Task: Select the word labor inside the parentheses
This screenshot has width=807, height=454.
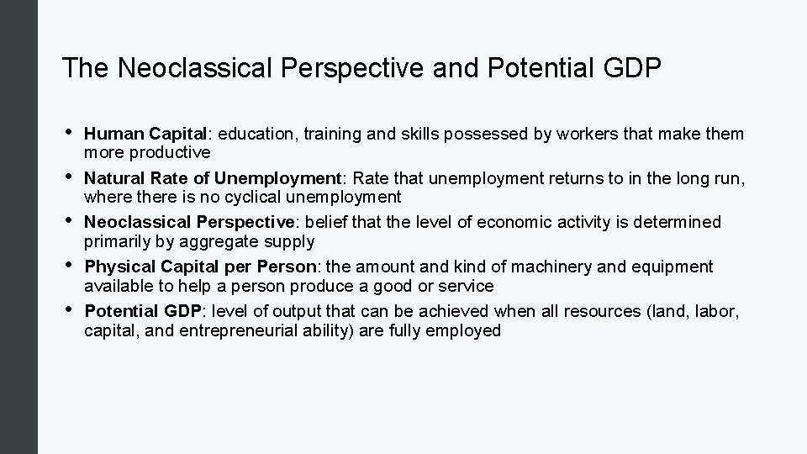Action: [x=717, y=312]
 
